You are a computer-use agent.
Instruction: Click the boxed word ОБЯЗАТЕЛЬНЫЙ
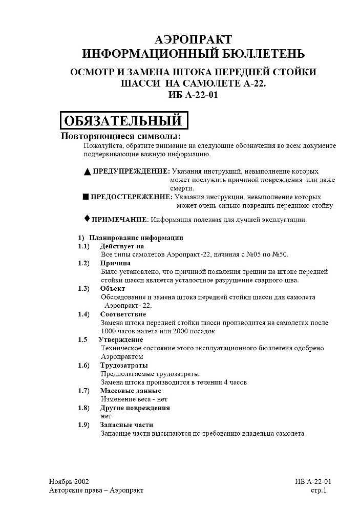pyautogui.click(x=123, y=121)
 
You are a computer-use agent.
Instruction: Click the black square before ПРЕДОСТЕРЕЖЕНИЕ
pyautogui.click(x=86, y=197)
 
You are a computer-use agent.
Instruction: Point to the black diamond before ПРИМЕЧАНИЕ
pyautogui.click(x=87, y=219)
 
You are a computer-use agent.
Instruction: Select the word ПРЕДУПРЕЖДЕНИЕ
pyautogui.click(x=131, y=171)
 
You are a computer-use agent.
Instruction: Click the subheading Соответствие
pyautogui.click(x=123, y=314)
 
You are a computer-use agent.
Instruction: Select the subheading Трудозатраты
pyautogui.click(x=124, y=365)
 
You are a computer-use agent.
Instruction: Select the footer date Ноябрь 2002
pyautogui.click(x=69, y=482)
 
